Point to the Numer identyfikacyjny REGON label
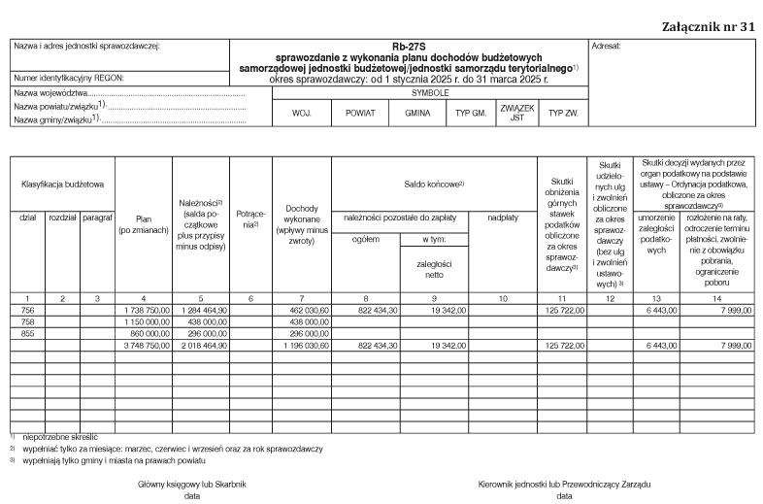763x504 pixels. coord(69,77)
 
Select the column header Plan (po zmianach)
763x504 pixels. coord(144,224)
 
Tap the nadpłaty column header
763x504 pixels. coord(503,218)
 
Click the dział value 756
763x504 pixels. coord(27,308)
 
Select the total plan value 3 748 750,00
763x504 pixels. coord(147,344)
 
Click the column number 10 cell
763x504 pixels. coord(503,296)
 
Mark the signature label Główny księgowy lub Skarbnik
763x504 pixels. coord(191,484)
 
